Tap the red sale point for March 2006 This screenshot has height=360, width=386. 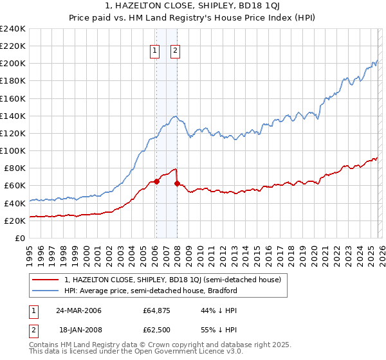(156, 181)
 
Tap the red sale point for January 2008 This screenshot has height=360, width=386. (177, 183)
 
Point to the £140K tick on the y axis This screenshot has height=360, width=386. (13, 116)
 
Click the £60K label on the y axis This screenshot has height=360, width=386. (15, 185)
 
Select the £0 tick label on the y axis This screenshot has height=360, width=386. (21, 238)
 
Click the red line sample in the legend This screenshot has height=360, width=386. (46, 280)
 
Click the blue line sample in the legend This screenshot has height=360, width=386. (46, 291)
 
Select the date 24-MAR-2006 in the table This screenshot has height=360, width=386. (78, 310)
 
